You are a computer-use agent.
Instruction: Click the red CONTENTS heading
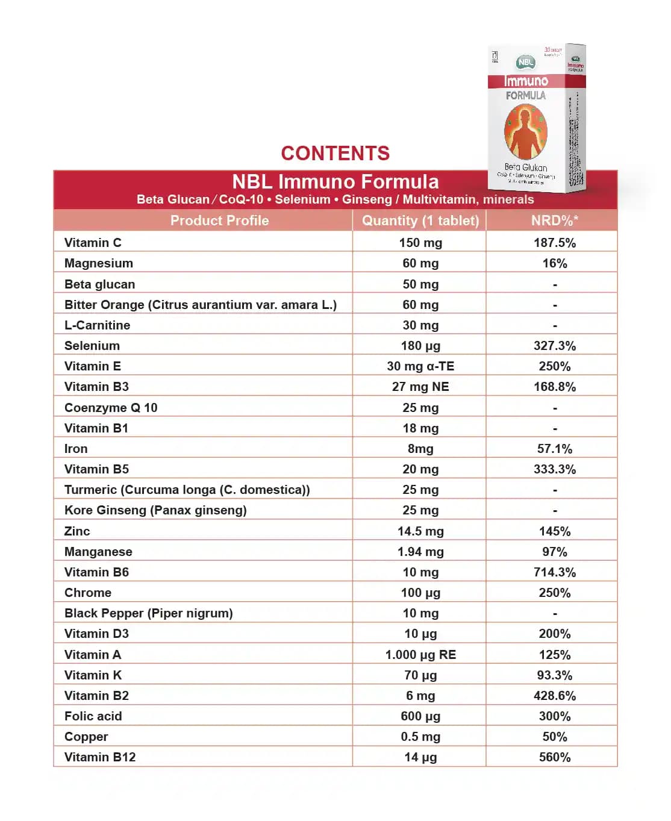pyautogui.click(x=335, y=154)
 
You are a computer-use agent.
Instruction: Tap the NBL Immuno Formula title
pyautogui.click(x=335, y=182)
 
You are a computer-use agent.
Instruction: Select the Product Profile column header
pyautogui.click(x=219, y=220)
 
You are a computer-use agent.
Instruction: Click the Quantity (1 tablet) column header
pyautogui.click(x=420, y=220)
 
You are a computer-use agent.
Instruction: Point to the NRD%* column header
pyautogui.click(x=554, y=220)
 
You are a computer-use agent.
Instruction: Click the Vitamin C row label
pyautogui.click(x=93, y=243)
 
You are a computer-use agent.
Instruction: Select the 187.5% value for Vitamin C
pyautogui.click(x=554, y=243)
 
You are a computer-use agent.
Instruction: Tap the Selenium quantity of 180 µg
pyautogui.click(x=420, y=346)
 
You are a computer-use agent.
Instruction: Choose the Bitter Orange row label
pyautogui.click(x=200, y=305)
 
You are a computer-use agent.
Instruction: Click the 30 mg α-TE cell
pyautogui.click(x=420, y=366)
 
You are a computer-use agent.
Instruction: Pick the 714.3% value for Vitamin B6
pyautogui.click(x=554, y=572)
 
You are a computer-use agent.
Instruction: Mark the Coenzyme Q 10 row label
pyautogui.click(x=111, y=408)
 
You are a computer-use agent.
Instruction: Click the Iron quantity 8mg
pyautogui.click(x=420, y=449)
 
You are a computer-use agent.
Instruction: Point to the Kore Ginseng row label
pyautogui.click(x=155, y=510)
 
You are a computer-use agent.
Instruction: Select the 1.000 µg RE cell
pyautogui.click(x=420, y=655)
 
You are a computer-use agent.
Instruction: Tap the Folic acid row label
pyautogui.click(x=93, y=716)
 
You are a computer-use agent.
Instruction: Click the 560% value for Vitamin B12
pyautogui.click(x=554, y=757)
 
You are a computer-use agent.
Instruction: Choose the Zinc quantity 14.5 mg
pyautogui.click(x=420, y=531)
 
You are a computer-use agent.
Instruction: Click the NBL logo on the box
pyautogui.click(x=525, y=62)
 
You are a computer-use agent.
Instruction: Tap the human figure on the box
pyautogui.click(x=525, y=131)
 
